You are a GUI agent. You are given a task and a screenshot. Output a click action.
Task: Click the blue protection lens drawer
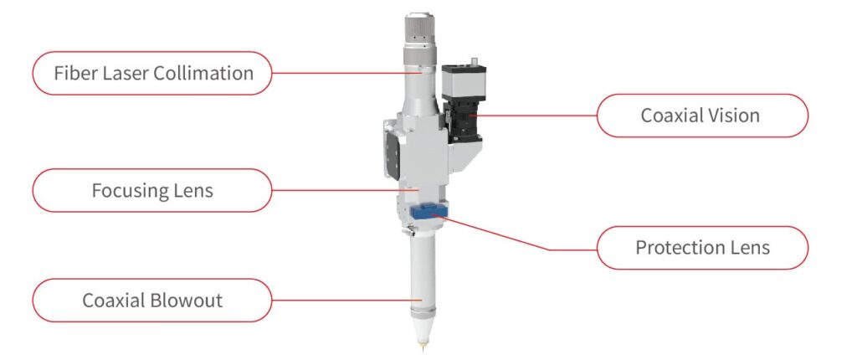click(x=428, y=211)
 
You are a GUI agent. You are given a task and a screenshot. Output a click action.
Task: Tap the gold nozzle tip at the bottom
click(x=422, y=345)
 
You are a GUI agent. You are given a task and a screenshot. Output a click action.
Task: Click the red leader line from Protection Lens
click(x=516, y=234)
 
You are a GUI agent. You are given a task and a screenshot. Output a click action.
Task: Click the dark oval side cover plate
click(x=392, y=148)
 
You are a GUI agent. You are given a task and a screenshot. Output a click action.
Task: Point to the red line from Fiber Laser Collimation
click(x=346, y=73)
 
